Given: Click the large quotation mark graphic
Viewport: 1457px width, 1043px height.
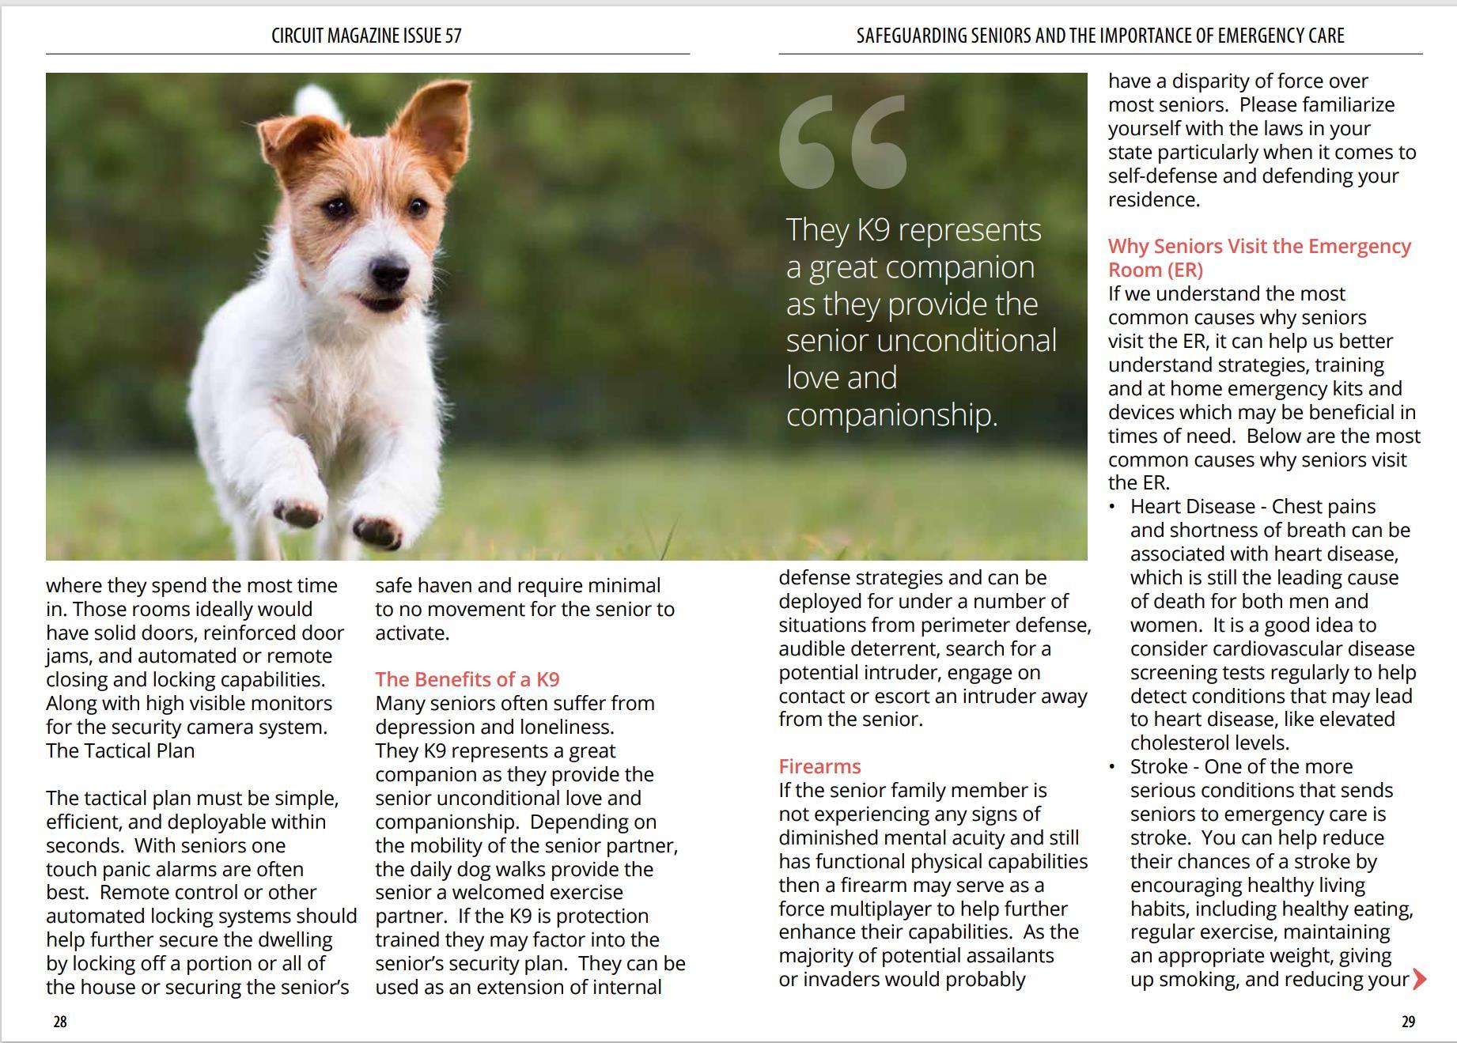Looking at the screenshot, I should point(842,142).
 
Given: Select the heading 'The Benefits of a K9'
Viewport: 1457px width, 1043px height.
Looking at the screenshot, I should point(467,679).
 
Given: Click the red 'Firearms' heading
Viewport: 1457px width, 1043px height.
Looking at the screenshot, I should point(819,766).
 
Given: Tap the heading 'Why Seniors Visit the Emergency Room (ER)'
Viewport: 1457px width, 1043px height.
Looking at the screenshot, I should point(1258,258).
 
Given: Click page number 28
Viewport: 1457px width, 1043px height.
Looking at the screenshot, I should point(60,1022).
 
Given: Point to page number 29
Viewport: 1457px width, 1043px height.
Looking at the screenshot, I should point(1408,1022).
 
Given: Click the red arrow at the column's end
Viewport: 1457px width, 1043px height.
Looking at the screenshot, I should point(1419,980).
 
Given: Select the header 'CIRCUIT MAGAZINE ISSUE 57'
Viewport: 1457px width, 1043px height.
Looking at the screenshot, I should point(366,36).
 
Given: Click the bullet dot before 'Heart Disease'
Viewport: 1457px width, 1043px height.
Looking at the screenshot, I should point(1113,506).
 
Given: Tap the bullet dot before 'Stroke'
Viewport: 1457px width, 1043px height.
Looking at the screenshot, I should point(1113,766).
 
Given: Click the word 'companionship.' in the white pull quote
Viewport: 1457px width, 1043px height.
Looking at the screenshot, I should point(891,414).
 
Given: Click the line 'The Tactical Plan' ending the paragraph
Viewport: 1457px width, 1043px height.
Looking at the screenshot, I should point(120,750).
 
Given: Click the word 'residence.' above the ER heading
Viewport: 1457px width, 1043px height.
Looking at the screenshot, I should point(1153,199).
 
